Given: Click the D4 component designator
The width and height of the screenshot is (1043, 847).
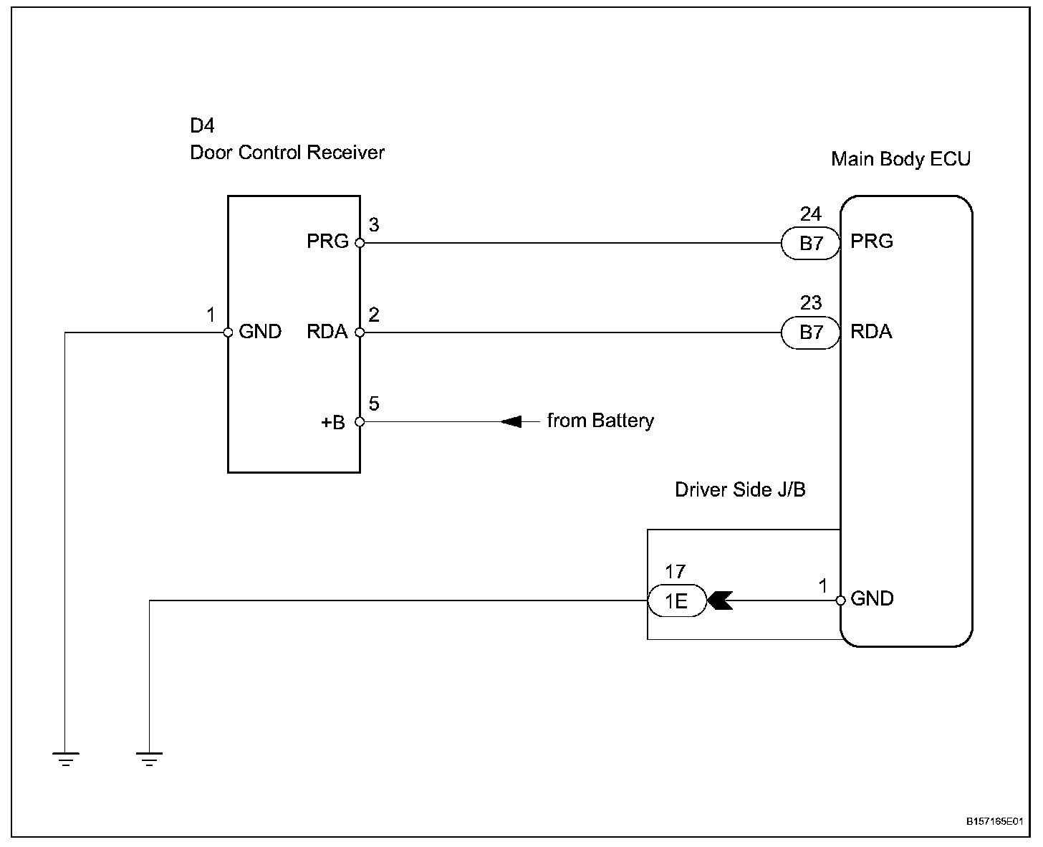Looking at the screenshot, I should [202, 126].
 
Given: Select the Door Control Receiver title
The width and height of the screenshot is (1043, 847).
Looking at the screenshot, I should [287, 153].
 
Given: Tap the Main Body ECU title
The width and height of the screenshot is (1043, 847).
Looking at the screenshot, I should [900, 159].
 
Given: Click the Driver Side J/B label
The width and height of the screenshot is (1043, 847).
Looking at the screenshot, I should [740, 490].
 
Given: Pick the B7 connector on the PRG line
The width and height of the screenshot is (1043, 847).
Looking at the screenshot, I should [811, 244].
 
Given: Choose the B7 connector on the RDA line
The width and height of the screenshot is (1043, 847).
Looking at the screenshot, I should [811, 332].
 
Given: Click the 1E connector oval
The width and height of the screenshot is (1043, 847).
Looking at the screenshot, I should [676, 600].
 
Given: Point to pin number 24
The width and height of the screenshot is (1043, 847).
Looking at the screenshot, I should [811, 214].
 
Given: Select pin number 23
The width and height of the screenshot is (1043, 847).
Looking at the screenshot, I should [811, 302].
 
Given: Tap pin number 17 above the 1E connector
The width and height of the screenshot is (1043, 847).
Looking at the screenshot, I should [675, 571].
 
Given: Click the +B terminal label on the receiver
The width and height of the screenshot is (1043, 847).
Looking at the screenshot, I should [332, 423].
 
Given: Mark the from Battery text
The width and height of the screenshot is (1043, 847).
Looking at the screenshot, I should [600, 421].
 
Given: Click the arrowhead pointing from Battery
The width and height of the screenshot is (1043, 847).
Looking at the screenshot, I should [511, 421].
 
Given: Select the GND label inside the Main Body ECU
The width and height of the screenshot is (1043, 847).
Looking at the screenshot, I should [872, 599].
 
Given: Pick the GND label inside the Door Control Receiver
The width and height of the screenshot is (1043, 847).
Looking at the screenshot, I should [260, 332].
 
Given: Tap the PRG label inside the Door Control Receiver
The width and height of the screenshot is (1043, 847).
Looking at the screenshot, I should [327, 241].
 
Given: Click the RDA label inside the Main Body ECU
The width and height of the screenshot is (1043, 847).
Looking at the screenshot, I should [871, 332].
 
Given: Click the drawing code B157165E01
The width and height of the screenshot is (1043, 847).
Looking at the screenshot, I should [993, 822].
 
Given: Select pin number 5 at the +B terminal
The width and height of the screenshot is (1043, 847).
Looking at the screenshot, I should [374, 404].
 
